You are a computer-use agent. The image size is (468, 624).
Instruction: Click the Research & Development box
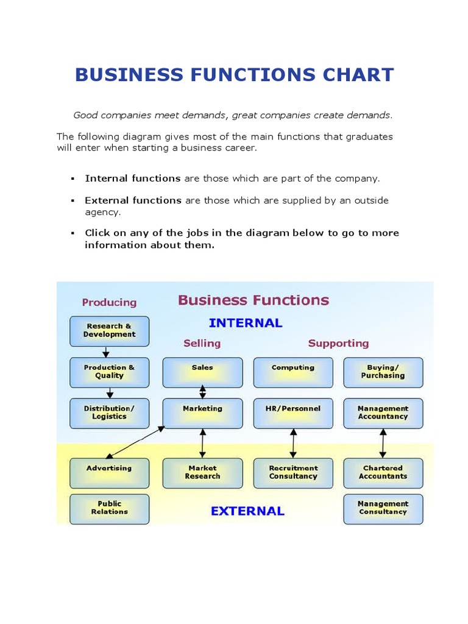(110, 331)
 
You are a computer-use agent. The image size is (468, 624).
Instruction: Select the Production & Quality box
(110, 372)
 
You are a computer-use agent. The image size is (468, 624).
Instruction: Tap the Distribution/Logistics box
(110, 413)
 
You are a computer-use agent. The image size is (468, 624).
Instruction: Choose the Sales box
(202, 372)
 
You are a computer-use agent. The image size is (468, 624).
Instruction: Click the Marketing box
(202, 413)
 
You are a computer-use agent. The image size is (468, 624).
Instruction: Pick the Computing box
(293, 372)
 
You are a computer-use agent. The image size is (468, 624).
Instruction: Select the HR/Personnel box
(293, 413)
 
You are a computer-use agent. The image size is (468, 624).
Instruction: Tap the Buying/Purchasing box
(383, 372)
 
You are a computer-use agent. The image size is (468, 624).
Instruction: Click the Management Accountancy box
(383, 413)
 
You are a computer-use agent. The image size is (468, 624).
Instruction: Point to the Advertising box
(110, 473)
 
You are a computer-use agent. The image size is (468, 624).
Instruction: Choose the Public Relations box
(110, 509)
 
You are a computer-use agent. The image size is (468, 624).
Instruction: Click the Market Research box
(202, 473)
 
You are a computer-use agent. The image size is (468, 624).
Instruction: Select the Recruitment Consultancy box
(293, 473)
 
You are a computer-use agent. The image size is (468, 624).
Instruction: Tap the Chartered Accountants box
(383, 473)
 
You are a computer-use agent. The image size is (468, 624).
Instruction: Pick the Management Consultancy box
(383, 509)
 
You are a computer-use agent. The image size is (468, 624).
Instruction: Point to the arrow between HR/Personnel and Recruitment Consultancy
(293, 443)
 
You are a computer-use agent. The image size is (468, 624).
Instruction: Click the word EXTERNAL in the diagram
(247, 511)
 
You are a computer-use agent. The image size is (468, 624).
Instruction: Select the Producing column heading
(110, 302)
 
